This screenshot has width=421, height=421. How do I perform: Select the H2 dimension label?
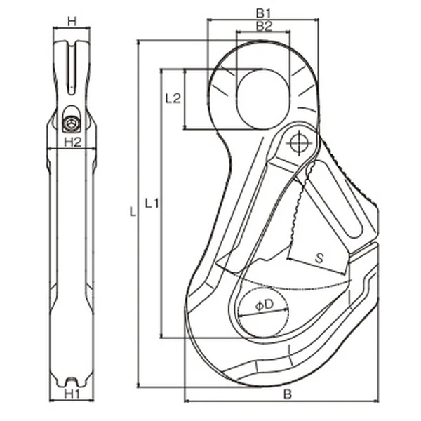pos(71,142)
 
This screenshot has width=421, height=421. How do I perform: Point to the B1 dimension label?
pos(263,13)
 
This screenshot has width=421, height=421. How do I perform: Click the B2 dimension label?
pos(263,27)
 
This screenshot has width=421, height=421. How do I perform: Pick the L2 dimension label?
pos(173,98)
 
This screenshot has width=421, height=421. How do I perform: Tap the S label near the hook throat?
pos(319,258)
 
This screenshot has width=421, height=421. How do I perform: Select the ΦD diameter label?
pos(263,305)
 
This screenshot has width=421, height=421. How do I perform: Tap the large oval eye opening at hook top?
pos(263,98)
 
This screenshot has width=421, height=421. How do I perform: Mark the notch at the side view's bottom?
pos(71,381)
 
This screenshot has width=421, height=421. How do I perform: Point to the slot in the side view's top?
pos(71,67)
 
